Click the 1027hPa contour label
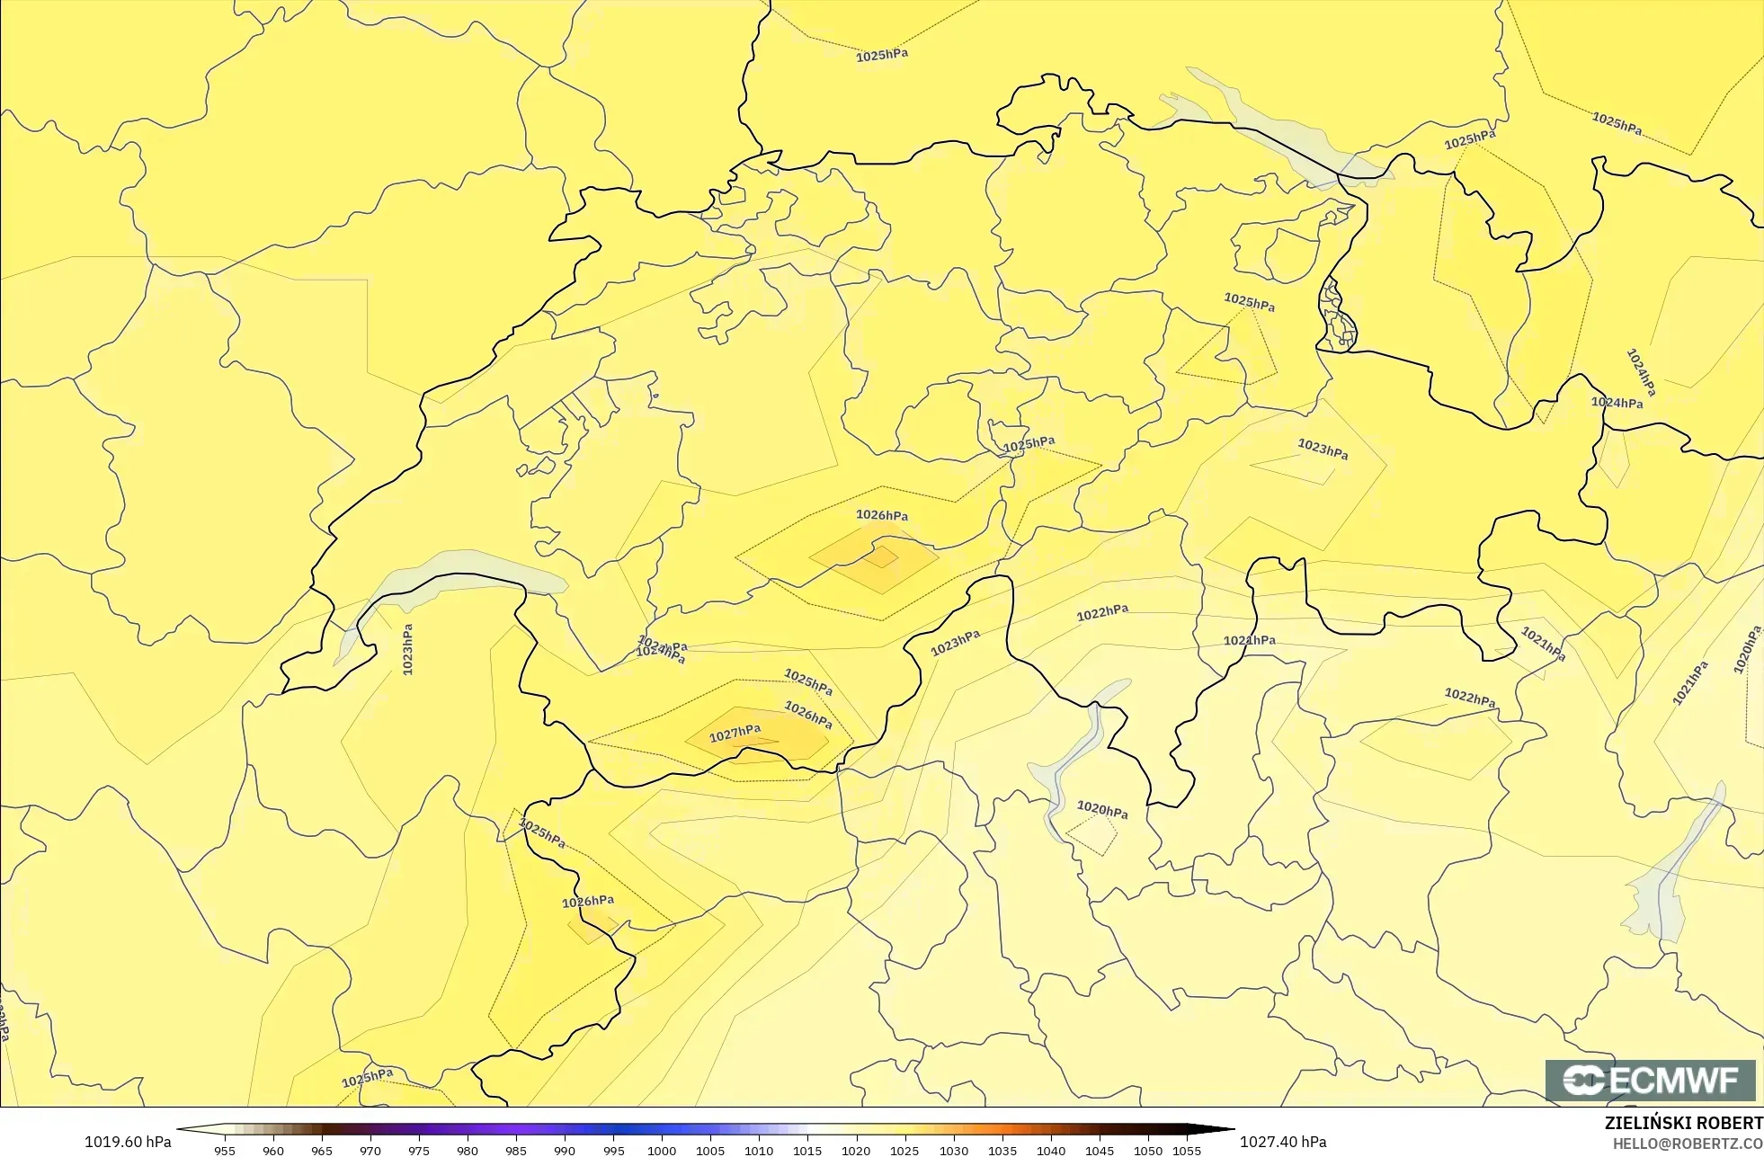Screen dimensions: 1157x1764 (735, 734)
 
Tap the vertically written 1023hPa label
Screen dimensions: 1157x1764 (407, 649)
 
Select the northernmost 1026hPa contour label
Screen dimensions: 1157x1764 (881, 515)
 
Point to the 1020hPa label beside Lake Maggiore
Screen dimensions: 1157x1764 (1102, 810)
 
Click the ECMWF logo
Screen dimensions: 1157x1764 (1650, 1080)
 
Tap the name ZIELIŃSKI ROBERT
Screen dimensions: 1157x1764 (1683, 1123)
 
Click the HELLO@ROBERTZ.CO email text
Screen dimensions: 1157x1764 (1687, 1144)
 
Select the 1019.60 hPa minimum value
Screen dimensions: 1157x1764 (128, 1142)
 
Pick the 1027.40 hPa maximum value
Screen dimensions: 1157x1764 (1283, 1142)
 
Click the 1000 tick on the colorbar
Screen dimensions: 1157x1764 (662, 1151)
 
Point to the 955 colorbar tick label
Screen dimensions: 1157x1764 (225, 1151)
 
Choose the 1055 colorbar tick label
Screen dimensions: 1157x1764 (1187, 1151)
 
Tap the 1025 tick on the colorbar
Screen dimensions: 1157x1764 (904, 1151)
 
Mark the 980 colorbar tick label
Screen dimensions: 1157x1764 (468, 1151)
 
